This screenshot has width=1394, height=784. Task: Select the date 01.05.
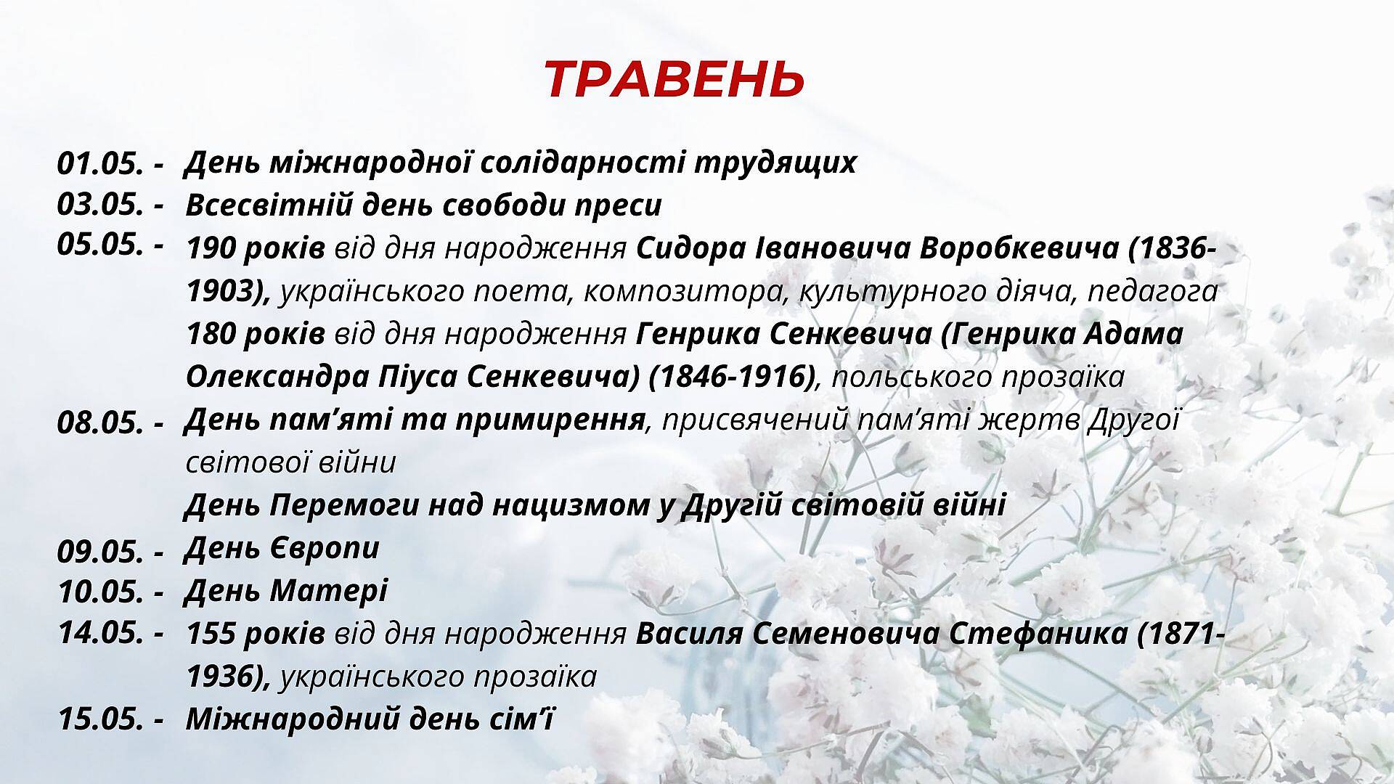99,163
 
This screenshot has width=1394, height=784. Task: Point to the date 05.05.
99,245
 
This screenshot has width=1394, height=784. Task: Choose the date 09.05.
99,552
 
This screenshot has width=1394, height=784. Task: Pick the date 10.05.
99,592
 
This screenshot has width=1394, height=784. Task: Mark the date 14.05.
99,633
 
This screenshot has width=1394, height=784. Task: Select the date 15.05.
99,719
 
